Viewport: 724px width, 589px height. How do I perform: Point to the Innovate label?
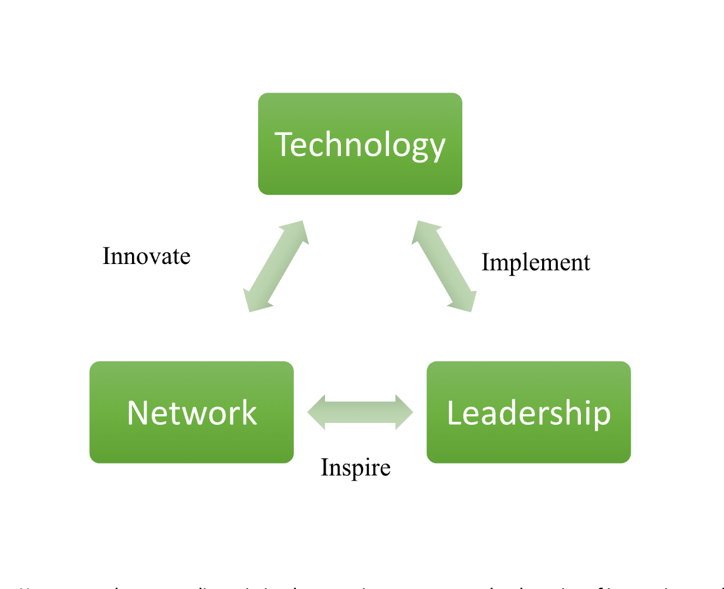146,256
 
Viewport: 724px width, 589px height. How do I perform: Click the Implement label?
535,262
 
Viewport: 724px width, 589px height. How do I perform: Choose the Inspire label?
356,468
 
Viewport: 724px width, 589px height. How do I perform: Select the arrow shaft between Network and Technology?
276,266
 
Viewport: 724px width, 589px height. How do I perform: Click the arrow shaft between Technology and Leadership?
444,266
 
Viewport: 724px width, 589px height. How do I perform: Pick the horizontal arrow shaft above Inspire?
360,412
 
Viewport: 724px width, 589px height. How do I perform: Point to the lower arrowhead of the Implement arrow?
465,302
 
